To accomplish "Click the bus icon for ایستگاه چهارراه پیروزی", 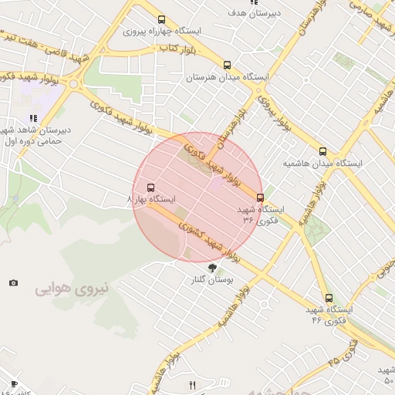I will coord(160,20).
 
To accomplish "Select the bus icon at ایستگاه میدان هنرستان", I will coord(226,66).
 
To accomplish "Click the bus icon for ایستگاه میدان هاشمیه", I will coord(322,151).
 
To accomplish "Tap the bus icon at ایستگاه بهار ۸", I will coord(150,187).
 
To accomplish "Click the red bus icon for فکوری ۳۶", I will coord(260,197).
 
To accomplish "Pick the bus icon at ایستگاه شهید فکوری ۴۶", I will coord(329,297).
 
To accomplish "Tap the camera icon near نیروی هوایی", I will coord(13,283).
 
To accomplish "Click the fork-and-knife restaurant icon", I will coord(193,385).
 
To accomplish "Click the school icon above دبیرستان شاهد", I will coord(33,118).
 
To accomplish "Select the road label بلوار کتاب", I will coord(175,49).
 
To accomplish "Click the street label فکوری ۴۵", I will coord(343,353).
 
